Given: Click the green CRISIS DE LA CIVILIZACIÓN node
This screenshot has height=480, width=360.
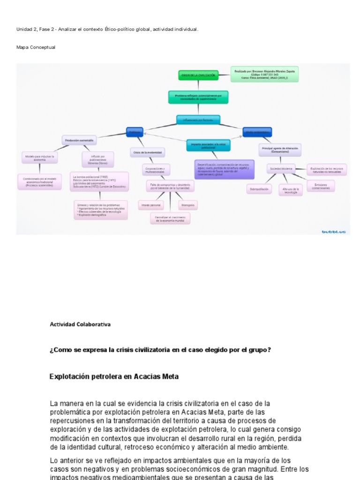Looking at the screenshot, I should tap(198, 75).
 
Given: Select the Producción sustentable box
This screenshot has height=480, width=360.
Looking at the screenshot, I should tap(79, 140).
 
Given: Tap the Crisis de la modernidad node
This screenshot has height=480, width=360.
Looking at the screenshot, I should tap(147, 152).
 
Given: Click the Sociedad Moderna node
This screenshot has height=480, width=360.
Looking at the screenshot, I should tap(281, 168).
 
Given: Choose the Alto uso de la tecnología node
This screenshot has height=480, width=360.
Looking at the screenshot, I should tap(291, 189).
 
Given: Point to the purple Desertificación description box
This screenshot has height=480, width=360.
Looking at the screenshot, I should tap(224, 169).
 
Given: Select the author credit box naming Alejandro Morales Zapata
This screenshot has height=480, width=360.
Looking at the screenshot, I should tap(264, 74).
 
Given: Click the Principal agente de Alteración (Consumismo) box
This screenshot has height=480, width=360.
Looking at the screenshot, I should tap(280, 150).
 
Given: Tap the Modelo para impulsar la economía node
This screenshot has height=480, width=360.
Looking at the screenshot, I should tap(40, 157).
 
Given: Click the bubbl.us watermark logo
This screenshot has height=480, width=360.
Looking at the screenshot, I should tap(333, 232).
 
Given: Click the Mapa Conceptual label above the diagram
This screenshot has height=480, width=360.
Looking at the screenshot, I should tap(36, 47).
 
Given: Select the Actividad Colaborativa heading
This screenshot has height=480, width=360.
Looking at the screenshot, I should tap(80, 324).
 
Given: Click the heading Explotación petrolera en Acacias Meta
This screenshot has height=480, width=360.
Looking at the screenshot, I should tap(114, 376).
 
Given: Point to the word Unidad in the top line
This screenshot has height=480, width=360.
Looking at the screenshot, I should tap(24, 29).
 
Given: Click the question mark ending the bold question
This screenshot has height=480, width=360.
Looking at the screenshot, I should tap(269, 350).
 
